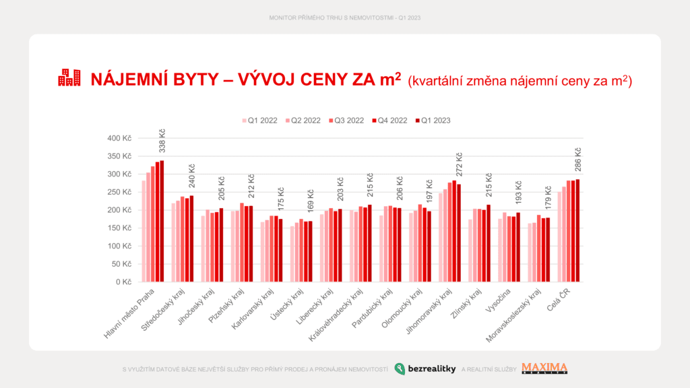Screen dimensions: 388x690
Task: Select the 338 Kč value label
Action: click(162, 141)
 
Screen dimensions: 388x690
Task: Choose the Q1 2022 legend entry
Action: click(259, 121)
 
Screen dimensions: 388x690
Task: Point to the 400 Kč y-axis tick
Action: click(119, 138)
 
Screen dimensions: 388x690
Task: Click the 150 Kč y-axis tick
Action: click(119, 228)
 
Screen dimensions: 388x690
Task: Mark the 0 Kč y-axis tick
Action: click(124, 282)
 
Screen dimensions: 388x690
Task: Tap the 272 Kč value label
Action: click(459, 165)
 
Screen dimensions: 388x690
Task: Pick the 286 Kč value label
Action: click(577, 160)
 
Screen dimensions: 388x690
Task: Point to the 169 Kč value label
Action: click(311, 202)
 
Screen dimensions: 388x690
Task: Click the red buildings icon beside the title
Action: click(69, 78)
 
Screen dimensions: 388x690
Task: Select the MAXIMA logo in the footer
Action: click(544, 368)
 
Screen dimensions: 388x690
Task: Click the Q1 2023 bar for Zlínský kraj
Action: click(489, 243)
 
